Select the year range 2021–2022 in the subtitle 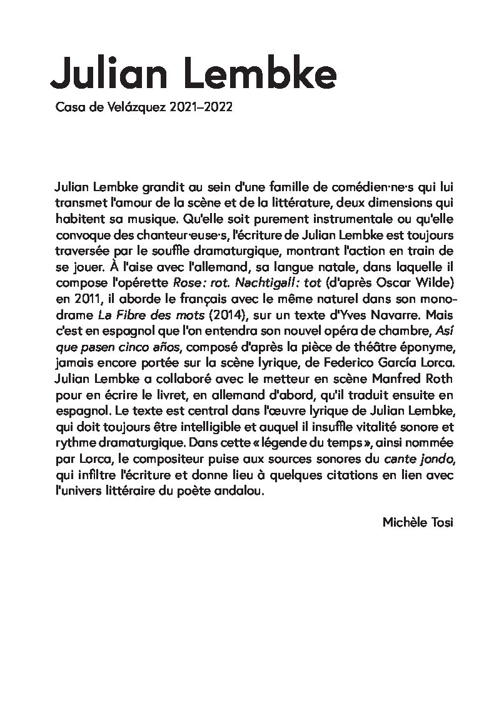click(x=201, y=107)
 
